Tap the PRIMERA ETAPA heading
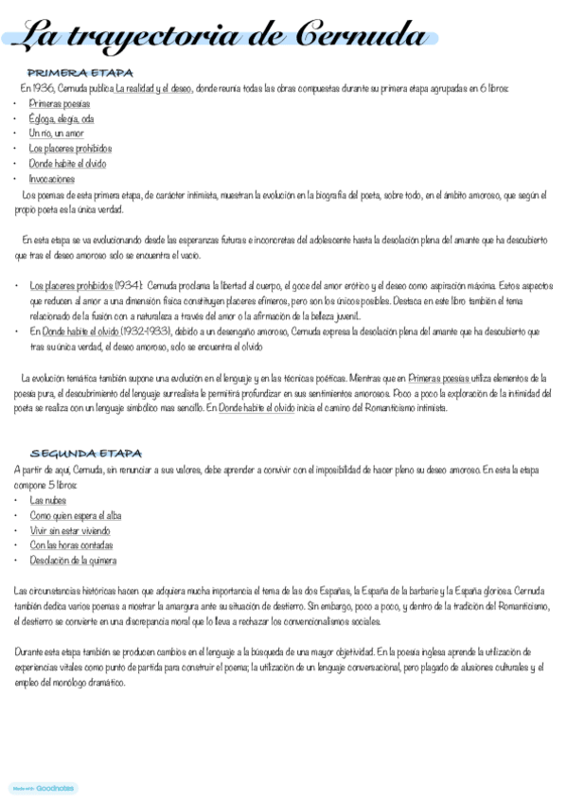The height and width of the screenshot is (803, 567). click(80, 73)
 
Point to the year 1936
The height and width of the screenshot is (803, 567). click(44, 88)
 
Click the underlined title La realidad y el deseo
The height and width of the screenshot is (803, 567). click(154, 88)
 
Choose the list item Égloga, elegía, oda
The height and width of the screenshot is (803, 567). click(62, 118)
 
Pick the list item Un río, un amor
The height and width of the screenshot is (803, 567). click(57, 134)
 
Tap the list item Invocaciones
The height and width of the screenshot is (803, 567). click(52, 179)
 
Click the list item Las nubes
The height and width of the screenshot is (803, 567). click(48, 500)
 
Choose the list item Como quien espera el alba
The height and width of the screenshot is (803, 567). click(76, 515)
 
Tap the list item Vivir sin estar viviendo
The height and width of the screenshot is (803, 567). click(70, 530)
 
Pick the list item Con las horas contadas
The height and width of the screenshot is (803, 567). click(71, 545)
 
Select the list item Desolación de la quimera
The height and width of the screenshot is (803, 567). click(73, 561)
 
